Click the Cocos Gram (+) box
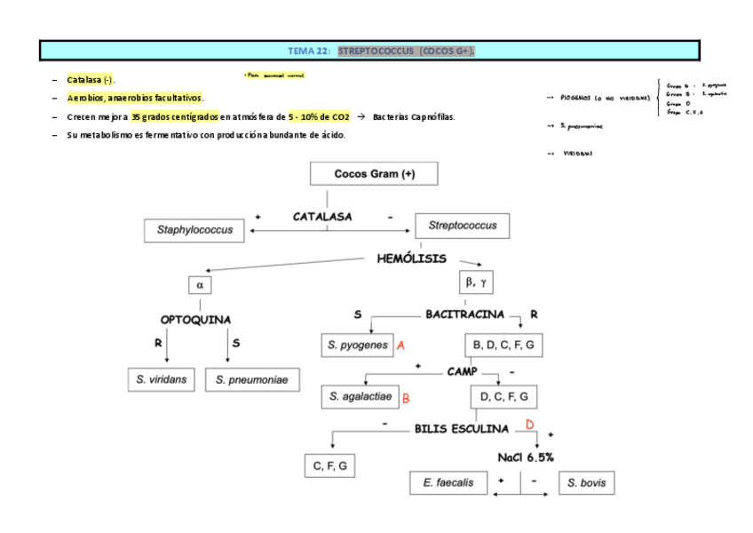[374, 174]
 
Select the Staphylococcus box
[194, 230]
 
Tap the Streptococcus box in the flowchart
[463, 226]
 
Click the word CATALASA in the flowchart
[322, 216]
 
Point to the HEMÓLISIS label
[412, 259]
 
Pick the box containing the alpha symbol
[200, 284]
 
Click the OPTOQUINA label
[195, 319]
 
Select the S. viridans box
[162, 379]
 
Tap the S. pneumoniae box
[253, 379]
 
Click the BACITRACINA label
[464, 314]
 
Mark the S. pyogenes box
[357, 345]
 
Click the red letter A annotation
[401, 345]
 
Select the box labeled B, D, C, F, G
[503, 345]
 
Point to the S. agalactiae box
[360, 396]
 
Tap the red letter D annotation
[529, 425]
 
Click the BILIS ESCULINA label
[462, 428]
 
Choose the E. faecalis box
[448, 483]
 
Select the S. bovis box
[587, 483]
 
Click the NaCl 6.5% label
[526, 457]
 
